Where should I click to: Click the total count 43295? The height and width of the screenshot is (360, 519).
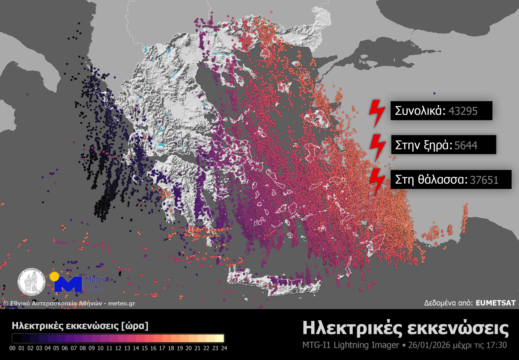point(463,111)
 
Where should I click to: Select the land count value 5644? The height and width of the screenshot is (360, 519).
point(466,145)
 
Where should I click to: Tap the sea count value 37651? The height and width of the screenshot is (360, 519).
point(484,180)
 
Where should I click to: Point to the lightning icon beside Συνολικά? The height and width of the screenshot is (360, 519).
point(377,113)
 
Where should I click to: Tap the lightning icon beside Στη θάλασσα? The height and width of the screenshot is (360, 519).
point(377,181)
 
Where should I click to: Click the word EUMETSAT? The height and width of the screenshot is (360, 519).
point(495,303)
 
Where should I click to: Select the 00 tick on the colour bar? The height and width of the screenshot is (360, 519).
point(13,348)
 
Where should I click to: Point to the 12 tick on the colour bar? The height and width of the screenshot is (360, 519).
point(118,348)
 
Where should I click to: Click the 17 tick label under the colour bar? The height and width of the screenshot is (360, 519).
point(162,348)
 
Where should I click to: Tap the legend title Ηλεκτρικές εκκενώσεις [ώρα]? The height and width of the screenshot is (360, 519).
point(80,326)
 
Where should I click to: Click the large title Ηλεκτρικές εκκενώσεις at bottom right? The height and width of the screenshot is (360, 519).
point(405,329)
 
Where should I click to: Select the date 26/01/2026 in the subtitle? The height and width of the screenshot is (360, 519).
point(429,345)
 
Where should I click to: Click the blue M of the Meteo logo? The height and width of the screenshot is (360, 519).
point(69,284)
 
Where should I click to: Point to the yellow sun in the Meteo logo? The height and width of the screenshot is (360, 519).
point(55,276)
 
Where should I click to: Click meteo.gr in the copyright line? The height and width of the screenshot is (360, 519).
point(122,303)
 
